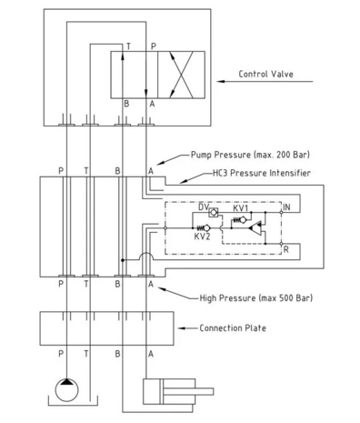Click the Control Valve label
(x=265, y=74)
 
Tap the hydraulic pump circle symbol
(x=66, y=390)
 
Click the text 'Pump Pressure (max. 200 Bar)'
(x=250, y=155)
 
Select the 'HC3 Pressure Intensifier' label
(x=262, y=173)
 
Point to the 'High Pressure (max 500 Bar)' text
(x=256, y=298)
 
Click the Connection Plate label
(x=233, y=328)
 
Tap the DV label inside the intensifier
(x=204, y=207)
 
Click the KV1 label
(x=241, y=208)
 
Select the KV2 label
(x=202, y=237)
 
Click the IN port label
(x=286, y=207)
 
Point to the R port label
(x=286, y=250)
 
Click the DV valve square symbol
(x=214, y=212)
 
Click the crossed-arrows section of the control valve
(x=181, y=75)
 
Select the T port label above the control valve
(x=128, y=46)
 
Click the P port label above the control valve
(x=154, y=46)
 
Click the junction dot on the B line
(x=123, y=260)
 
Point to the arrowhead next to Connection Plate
(x=181, y=328)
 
